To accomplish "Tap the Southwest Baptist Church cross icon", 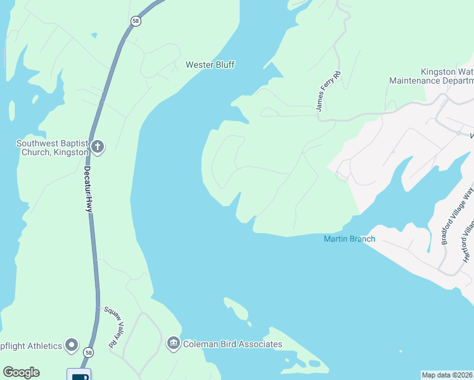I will pyautogui.click(x=98, y=148).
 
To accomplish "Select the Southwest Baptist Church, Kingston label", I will pyautogui.click(x=52, y=148).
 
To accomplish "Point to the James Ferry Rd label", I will pyautogui.click(x=328, y=92).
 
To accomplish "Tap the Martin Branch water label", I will pyautogui.click(x=349, y=239).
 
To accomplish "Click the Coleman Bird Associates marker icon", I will pyautogui.click(x=173, y=344).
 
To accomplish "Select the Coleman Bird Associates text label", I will pyautogui.click(x=232, y=344).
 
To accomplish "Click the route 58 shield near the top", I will pyautogui.click(x=136, y=21).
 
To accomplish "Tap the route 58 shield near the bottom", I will pyautogui.click(x=89, y=352).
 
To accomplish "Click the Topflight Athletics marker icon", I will pyautogui.click(x=72, y=346).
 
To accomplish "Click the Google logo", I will pyautogui.click(x=21, y=372).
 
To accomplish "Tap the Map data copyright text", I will pyautogui.click(x=447, y=375).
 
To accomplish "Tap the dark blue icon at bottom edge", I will pyautogui.click(x=79, y=374).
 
